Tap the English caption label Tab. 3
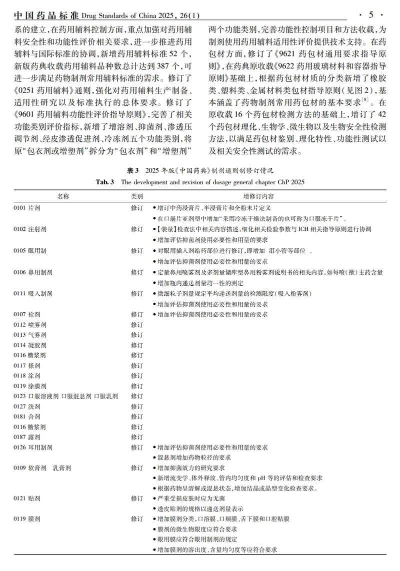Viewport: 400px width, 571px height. [x=105, y=182]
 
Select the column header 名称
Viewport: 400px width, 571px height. [x=63, y=196]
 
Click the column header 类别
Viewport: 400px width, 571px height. [x=137, y=196]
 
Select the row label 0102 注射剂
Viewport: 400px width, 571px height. [x=30, y=229]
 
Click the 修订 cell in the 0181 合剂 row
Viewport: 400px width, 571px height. [x=137, y=417]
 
